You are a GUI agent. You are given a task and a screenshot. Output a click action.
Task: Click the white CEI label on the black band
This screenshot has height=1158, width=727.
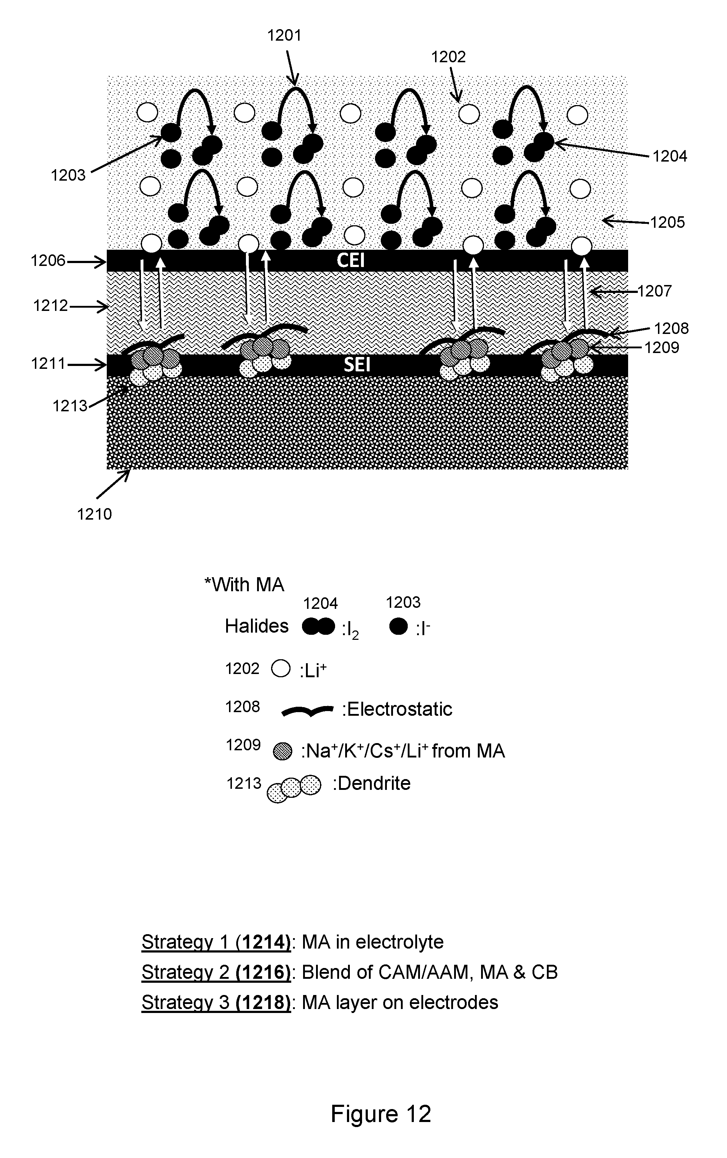tap(350, 260)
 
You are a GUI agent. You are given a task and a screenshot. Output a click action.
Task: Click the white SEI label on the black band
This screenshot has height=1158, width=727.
tap(357, 365)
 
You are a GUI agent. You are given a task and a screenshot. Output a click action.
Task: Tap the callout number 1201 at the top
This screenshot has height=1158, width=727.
tap(284, 36)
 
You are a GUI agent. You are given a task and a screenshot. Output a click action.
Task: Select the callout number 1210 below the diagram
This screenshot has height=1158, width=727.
tap(95, 514)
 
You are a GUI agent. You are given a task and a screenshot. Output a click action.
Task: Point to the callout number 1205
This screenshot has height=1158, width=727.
tap(667, 222)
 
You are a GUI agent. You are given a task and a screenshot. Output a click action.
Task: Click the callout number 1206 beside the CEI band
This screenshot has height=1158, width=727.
tap(48, 261)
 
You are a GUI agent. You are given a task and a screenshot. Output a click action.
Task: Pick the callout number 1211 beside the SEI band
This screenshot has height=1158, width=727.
tap(48, 363)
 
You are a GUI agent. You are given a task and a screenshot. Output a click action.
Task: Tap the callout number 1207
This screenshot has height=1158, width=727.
tap(654, 291)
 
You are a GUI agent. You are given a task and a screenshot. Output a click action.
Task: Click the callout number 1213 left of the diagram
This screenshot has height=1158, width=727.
tap(70, 406)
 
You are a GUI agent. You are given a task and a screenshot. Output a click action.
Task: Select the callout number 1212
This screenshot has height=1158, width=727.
tap(50, 306)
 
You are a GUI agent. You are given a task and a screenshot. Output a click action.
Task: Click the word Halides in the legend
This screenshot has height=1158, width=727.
tap(257, 626)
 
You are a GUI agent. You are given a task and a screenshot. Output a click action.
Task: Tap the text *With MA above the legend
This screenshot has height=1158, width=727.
tap(244, 585)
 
